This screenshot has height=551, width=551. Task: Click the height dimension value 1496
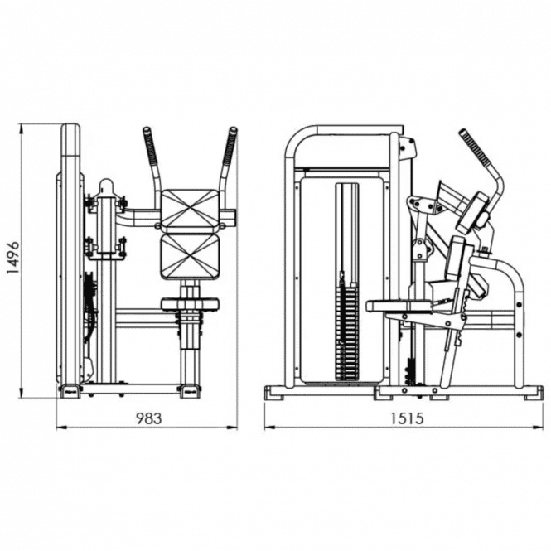[14, 259]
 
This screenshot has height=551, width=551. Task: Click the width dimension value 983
[148, 418]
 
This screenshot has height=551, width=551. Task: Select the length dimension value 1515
[407, 418]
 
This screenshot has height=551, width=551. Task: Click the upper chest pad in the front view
[190, 210]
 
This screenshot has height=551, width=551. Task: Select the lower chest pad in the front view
[190, 256]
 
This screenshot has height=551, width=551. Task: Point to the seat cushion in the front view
[190, 304]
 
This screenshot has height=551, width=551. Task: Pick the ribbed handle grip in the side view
[476, 147]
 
